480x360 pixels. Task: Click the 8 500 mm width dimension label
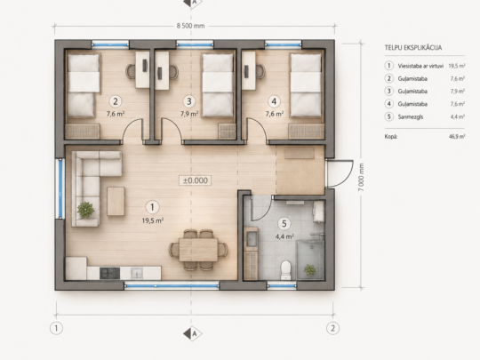pyautogui.click(x=190, y=26)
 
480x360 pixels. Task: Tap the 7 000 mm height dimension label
pyautogui.click(x=361, y=177)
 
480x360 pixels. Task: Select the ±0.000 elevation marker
pyautogui.click(x=195, y=180)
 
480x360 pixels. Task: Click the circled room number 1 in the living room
pyautogui.click(x=152, y=207)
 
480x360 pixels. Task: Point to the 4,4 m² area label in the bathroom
pyautogui.click(x=285, y=236)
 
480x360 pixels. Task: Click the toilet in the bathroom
pyautogui.click(x=285, y=269)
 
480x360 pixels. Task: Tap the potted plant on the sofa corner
pyautogui.click(x=85, y=210)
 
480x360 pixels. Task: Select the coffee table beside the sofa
pyautogui.click(x=116, y=201)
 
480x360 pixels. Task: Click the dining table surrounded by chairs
pyautogui.click(x=198, y=250)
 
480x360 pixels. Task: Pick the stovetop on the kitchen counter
pyautogui.click(x=109, y=273)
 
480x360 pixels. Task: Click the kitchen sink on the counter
pyautogui.click(x=137, y=273)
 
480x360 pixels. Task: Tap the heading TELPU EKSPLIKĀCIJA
pyautogui.click(x=413, y=48)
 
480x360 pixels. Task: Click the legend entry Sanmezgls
pyautogui.click(x=411, y=116)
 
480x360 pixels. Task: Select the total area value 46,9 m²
pyautogui.click(x=457, y=137)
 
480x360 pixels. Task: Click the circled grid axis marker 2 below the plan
pyautogui.click(x=332, y=329)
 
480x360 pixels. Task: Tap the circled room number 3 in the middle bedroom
pyautogui.click(x=189, y=101)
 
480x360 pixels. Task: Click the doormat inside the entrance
pyautogui.click(x=300, y=153)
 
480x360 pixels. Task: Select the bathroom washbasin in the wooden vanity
pyautogui.click(x=252, y=239)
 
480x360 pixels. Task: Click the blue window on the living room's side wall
pyautogui.click(x=60, y=188)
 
